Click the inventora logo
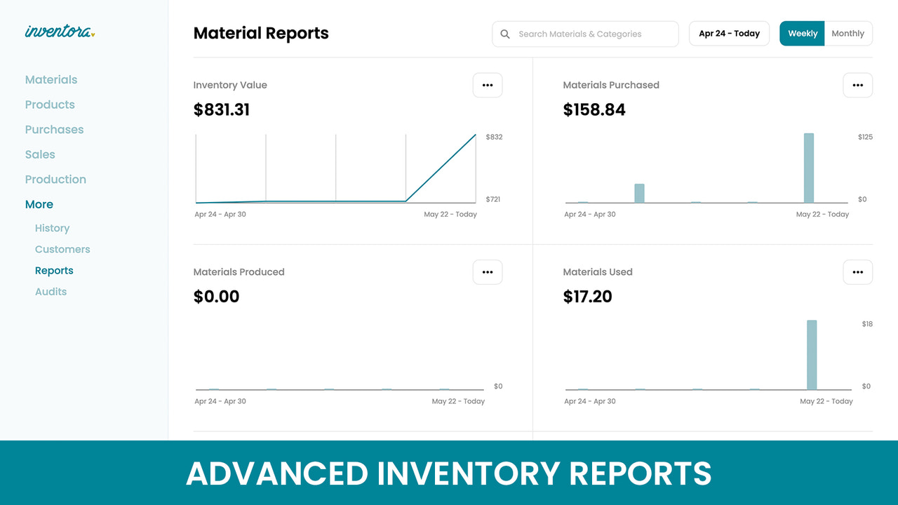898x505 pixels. pos(59,32)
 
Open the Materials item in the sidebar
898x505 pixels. pos(51,80)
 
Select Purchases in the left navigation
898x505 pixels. pos(54,130)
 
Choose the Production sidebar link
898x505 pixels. pos(55,180)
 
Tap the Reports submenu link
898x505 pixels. pos(54,271)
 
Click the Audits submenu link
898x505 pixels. pos(51,292)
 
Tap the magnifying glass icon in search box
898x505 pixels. pos(505,34)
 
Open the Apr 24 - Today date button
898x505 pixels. pos(729,34)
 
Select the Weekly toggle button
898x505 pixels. pos(802,34)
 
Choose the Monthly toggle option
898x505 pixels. pos(847,34)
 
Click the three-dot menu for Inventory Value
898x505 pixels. pos(488,85)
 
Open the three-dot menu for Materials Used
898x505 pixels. pos(857,272)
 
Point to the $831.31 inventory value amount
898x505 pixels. pos(222,110)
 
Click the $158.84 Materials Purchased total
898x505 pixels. pos(594,110)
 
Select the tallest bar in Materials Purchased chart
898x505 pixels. pos(808,168)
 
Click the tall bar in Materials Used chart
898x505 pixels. pos(812,354)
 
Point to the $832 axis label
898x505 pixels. pos(494,137)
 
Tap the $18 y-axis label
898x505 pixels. pos(867,324)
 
